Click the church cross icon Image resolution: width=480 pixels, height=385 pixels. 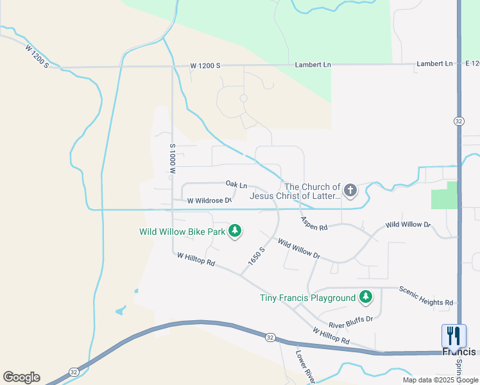(x=350, y=190)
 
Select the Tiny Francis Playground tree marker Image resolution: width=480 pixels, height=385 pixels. (x=366, y=297)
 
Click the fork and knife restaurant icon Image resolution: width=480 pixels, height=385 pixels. (x=453, y=335)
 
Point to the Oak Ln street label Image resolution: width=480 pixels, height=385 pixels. (x=236, y=185)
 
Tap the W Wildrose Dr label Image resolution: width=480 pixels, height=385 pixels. (x=209, y=201)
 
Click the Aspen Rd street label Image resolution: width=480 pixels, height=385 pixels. (x=314, y=223)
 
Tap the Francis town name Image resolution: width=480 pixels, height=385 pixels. (x=459, y=352)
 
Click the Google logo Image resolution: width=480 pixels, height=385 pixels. (x=21, y=377)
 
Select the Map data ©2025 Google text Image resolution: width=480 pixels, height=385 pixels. (x=440, y=380)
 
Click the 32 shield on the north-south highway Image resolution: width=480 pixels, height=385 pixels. (x=458, y=121)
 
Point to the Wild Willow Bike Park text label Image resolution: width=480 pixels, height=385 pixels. (x=182, y=232)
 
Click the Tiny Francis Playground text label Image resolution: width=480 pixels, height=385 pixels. (x=307, y=298)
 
